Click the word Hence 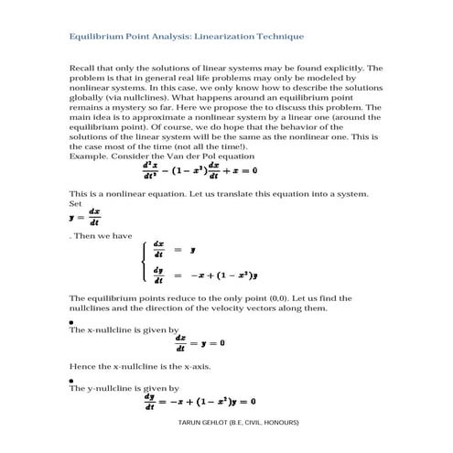[x=82, y=366]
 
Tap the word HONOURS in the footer [x=278, y=424]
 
